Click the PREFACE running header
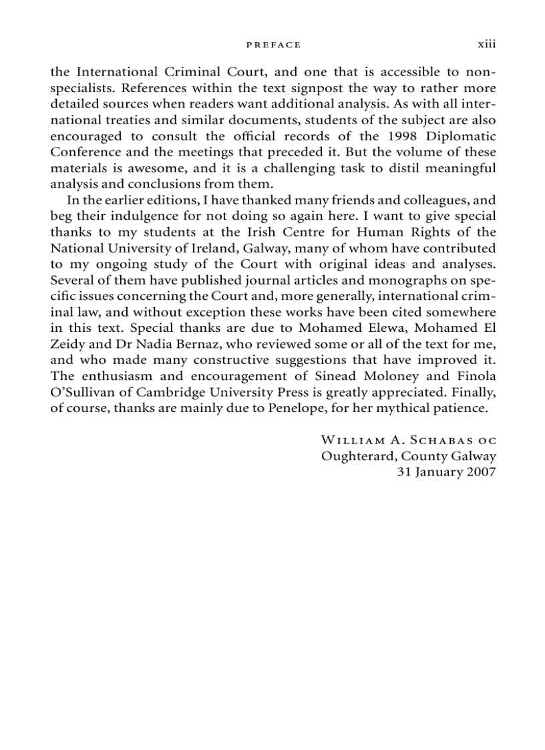point(273,45)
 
